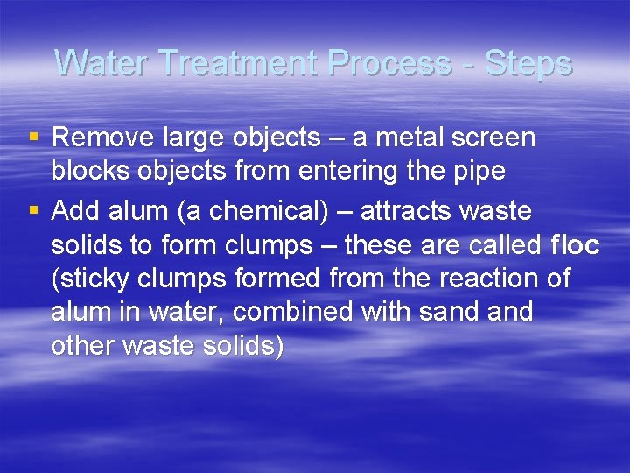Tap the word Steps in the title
click(x=528, y=64)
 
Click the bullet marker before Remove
click(x=33, y=138)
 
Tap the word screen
click(x=494, y=138)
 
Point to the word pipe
click(x=479, y=172)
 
